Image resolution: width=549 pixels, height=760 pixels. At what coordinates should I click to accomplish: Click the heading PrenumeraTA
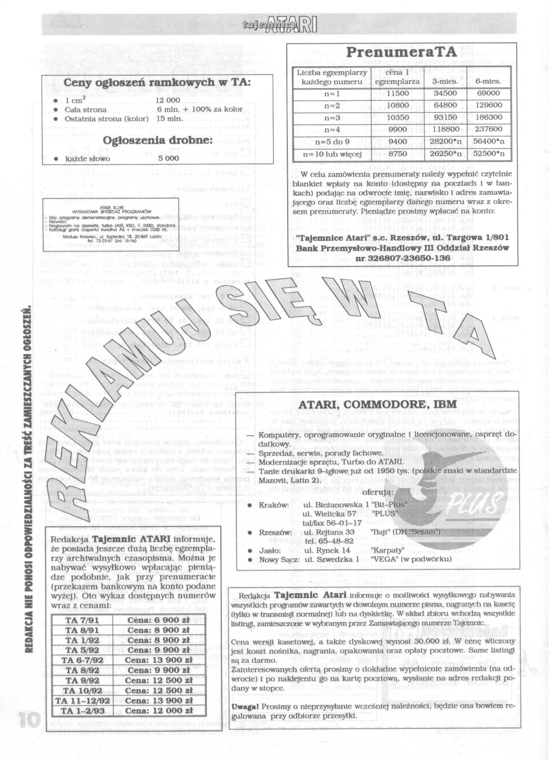pos(402,52)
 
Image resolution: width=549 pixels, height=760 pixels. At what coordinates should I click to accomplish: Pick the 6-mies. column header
pos(488,82)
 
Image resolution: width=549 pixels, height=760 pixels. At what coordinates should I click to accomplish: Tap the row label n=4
pos(332,129)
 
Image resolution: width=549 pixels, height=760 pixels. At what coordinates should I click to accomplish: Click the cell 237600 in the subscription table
pos(488,129)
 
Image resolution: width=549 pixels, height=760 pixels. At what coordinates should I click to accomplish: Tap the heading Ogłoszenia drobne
pos(158,140)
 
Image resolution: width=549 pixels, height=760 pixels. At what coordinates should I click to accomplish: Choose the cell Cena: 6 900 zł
pos(158,621)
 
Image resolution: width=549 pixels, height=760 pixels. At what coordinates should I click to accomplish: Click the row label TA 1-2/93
pos(82,710)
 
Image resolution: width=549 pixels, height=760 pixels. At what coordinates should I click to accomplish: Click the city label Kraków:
pos(274,505)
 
